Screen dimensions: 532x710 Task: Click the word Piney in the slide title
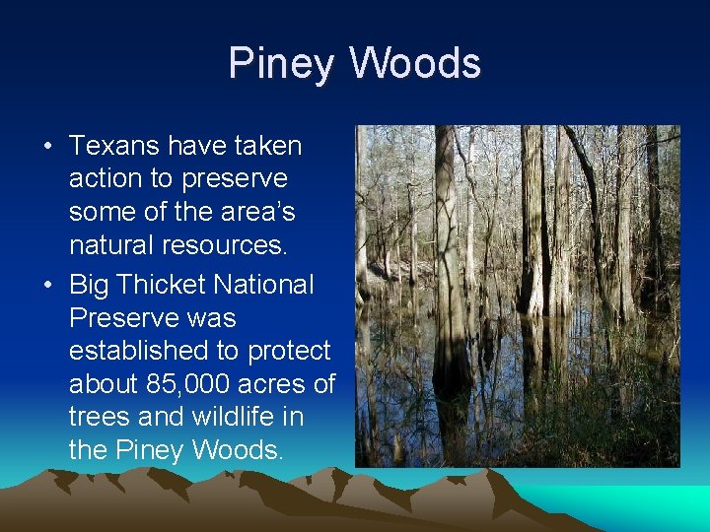(x=282, y=64)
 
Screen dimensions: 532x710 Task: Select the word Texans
(x=114, y=146)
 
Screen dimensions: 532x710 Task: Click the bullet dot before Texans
(x=48, y=147)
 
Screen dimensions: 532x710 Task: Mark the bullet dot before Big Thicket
(x=48, y=286)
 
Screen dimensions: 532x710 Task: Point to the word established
(x=133, y=351)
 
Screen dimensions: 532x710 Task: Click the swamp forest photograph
(x=517, y=296)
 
